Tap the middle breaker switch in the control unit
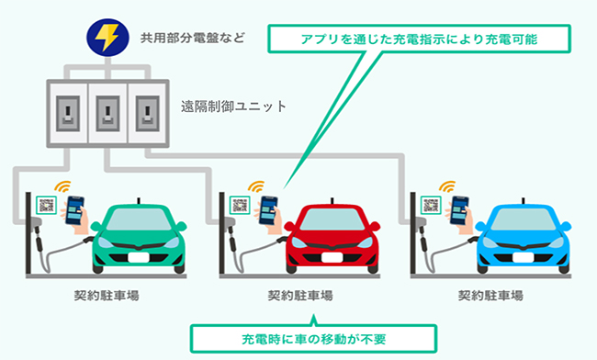pos(108,115)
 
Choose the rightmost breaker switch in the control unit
pos(144,115)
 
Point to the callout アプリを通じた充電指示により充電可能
pos(420,40)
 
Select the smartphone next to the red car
pos(268,210)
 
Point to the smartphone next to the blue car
pos(460,210)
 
